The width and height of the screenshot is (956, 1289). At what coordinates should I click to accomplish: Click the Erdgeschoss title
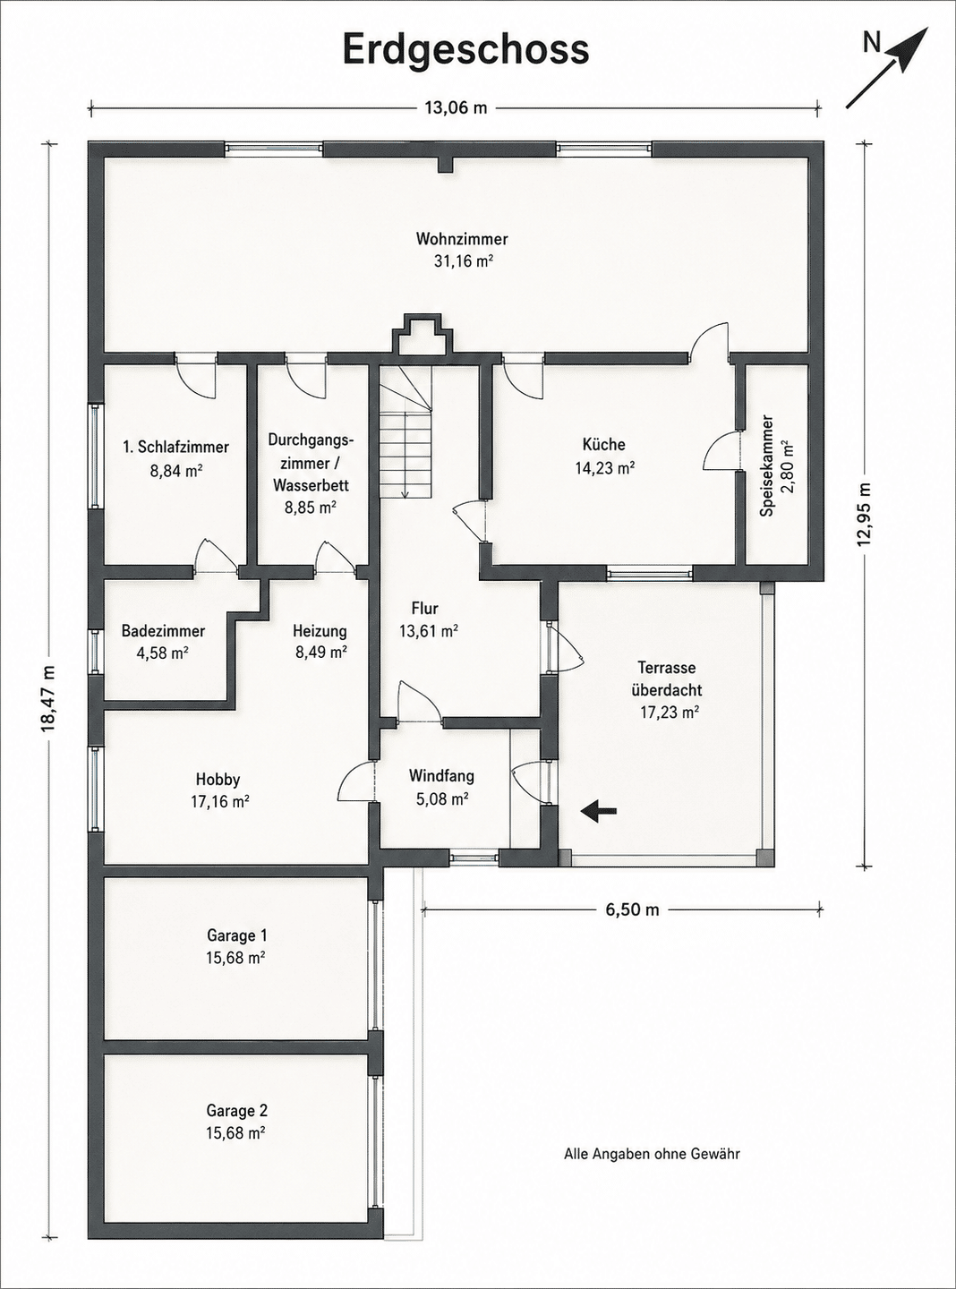click(x=466, y=51)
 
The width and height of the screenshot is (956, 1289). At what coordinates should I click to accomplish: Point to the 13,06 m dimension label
click(x=456, y=107)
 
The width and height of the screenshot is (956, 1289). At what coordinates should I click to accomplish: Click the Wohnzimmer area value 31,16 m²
click(x=463, y=261)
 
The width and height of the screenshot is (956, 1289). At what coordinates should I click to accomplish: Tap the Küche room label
click(x=604, y=445)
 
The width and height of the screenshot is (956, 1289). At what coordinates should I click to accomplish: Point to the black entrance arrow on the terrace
click(x=598, y=811)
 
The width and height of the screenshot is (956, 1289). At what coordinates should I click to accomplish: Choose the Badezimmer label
click(x=163, y=631)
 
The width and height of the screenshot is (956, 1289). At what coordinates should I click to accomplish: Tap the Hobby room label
click(x=218, y=779)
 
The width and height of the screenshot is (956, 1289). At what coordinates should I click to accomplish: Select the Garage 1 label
click(x=237, y=935)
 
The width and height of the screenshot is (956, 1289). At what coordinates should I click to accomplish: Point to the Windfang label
click(x=441, y=776)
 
